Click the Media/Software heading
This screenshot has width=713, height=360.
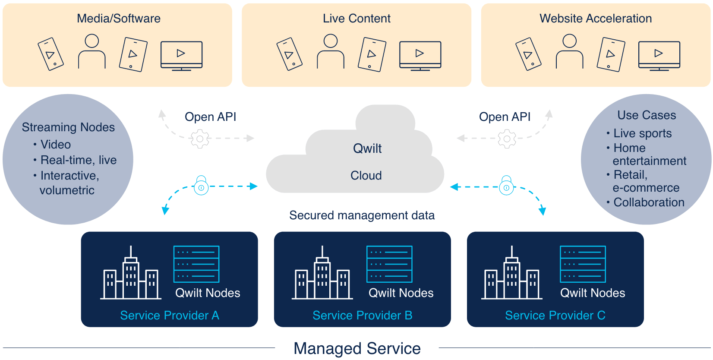118,19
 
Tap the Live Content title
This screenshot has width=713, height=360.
356,19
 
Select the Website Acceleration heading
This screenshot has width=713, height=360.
596,19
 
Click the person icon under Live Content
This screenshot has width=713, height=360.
331,52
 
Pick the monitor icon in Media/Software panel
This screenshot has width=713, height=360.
181,55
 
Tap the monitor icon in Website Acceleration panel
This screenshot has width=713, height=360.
659,55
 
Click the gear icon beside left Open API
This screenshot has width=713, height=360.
200,139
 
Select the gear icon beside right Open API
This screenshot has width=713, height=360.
507,139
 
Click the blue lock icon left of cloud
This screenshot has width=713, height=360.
201,186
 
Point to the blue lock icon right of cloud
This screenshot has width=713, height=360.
506,186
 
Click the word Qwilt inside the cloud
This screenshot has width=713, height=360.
367,148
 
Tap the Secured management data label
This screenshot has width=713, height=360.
362,215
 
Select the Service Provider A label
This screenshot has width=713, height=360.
170,316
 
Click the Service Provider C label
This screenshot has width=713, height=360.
555,316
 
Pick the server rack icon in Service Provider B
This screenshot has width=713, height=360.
389,264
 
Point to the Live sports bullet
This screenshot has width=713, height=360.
642,133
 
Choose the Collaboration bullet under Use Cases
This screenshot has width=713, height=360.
649,202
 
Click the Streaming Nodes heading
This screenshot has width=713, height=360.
68,127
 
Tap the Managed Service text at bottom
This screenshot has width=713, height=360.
357,348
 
